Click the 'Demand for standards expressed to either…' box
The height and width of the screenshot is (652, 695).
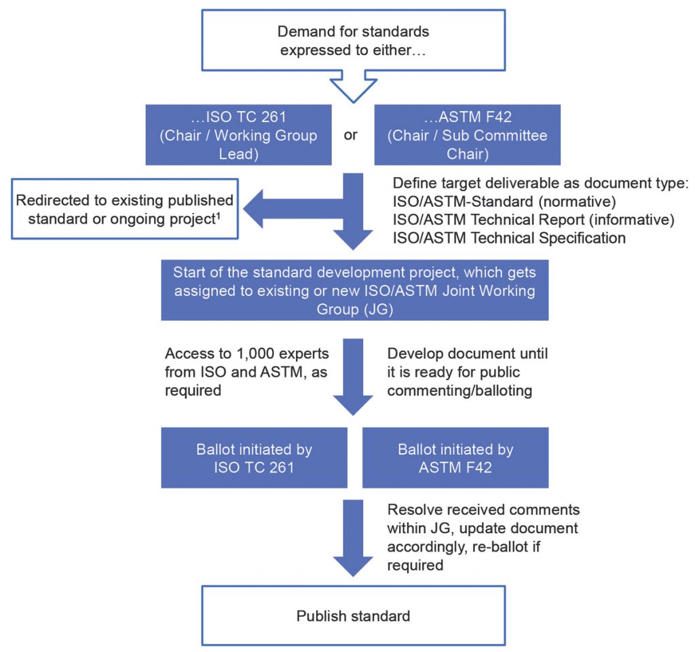353,40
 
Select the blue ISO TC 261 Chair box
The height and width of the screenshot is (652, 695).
238,134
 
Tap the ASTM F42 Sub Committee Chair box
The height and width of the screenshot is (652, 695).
467,134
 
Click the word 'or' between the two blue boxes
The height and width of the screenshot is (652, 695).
351,134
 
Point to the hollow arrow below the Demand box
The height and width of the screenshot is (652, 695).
353,86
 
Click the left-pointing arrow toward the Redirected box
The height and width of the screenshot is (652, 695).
293,208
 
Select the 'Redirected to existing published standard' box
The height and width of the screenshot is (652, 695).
125,209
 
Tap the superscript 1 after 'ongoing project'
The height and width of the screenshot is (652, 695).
218,216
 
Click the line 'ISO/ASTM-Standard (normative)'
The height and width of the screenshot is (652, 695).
504,202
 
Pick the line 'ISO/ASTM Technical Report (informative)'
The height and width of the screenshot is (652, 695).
533,220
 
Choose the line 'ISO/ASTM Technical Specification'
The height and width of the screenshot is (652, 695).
509,238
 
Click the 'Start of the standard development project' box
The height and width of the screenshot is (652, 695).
354,290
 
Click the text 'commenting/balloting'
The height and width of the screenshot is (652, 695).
459,391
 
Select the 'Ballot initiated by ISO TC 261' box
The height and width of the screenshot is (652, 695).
254,458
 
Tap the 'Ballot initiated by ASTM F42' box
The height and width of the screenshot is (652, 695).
455,458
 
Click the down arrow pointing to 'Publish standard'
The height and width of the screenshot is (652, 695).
353,538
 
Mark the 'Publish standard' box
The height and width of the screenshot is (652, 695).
353,615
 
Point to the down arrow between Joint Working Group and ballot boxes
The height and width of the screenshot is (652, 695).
353,377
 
